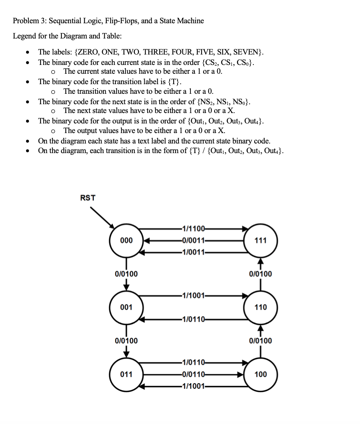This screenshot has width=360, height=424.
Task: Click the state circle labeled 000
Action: pyautogui.click(x=126, y=240)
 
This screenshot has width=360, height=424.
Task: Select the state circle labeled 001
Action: pyautogui.click(x=126, y=307)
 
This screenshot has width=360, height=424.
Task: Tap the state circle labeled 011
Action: pyautogui.click(x=126, y=374)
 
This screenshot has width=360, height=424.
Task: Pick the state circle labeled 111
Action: pyautogui.click(x=261, y=240)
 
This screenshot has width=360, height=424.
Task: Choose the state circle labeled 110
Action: pyautogui.click(x=261, y=307)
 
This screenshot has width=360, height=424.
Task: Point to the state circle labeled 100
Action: pyautogui.click(x=261, y=374)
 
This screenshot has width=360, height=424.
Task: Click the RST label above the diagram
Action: pyautogui.click(x=88, y=198)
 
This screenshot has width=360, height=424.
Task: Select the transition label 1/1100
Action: pyautogui.click(x=193, y=229)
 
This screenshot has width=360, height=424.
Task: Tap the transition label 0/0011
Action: pyautogui.click(x=193, y=240)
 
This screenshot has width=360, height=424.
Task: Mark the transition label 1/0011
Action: pyautogui.click(x=193, y=252)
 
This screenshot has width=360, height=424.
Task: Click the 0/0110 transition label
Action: pyautogui.click(x=193, y=375)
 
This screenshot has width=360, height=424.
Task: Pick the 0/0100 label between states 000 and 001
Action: pyautogui.click(x=126, y=274)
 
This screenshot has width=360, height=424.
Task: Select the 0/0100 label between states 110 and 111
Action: pyautogui.click(x=261, y=274)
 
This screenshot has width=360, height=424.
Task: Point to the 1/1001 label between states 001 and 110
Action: pyautogui.click(x=193, y=296)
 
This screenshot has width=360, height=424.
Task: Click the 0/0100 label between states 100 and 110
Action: pyautogui.click(x=261, y=341)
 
